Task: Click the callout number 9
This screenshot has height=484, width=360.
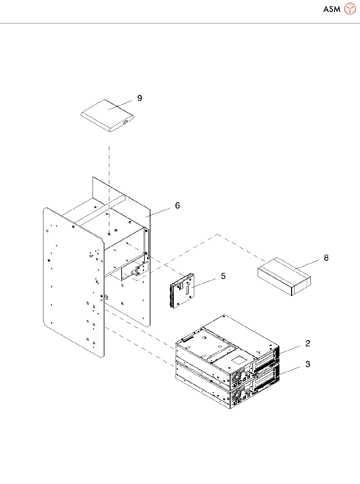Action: tap(140, 98)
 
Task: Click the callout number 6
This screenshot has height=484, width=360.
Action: tap(177, 205)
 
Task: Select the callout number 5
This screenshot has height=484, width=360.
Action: tap(223, 276)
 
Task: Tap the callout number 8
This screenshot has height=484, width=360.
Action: tap(326, 258)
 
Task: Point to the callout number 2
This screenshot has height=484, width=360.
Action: tap(308, 343)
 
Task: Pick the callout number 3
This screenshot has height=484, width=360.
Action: tap(308, 364)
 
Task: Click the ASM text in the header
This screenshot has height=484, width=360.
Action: tap(332, 9)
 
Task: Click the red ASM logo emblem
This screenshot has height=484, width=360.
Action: tap(350, 9)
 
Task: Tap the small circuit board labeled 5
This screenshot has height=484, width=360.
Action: tap(182, 291)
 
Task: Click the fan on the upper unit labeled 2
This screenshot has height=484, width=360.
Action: tap(237, 376)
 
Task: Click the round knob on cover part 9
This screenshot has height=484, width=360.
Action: tap(126, 122)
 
